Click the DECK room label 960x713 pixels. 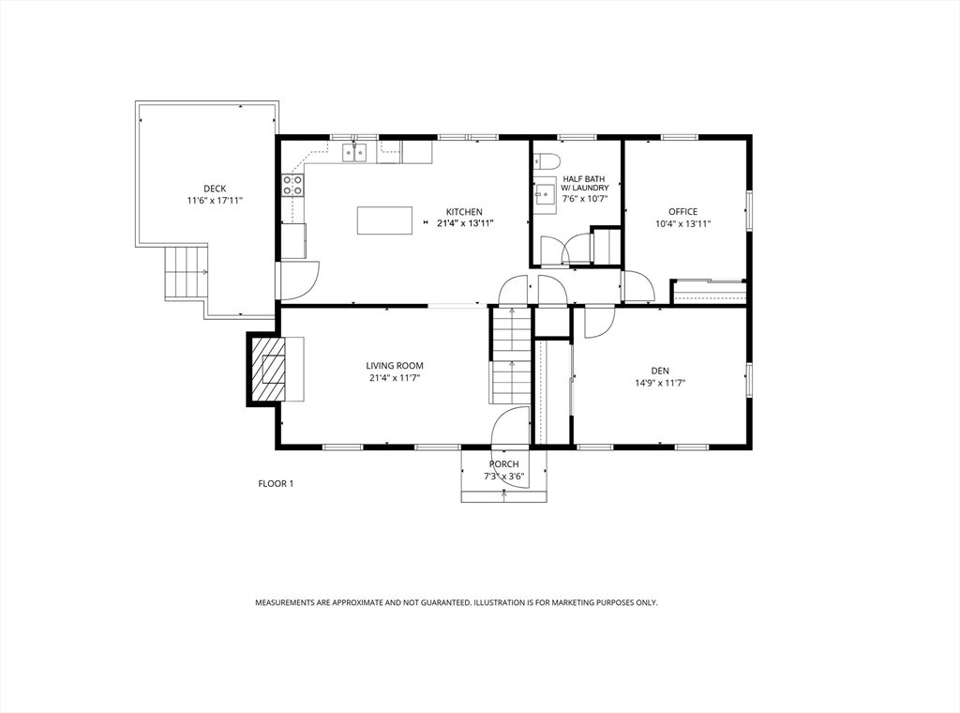click(x=215, y=189)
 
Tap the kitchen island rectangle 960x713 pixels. click(x=385, y=220)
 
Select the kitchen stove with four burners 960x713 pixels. click(x=292, y=185)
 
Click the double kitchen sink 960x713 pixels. click(x=354, y=152)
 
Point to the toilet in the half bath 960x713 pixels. click(x=547, y=161)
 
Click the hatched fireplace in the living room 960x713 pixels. click(x=266, y=370)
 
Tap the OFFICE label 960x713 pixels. click(x=682, y=212)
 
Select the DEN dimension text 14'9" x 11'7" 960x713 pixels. click(x=660, y=384)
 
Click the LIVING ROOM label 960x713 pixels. click(x=395, y=366)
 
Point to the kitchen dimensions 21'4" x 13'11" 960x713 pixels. click(x=465, y=223)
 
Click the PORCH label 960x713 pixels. click(x=503, y=464)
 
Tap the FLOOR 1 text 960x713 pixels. click(x=276, y=484)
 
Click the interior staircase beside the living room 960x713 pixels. click(x=509, y=356)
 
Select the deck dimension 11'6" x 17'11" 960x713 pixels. click(x=215, y=201)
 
